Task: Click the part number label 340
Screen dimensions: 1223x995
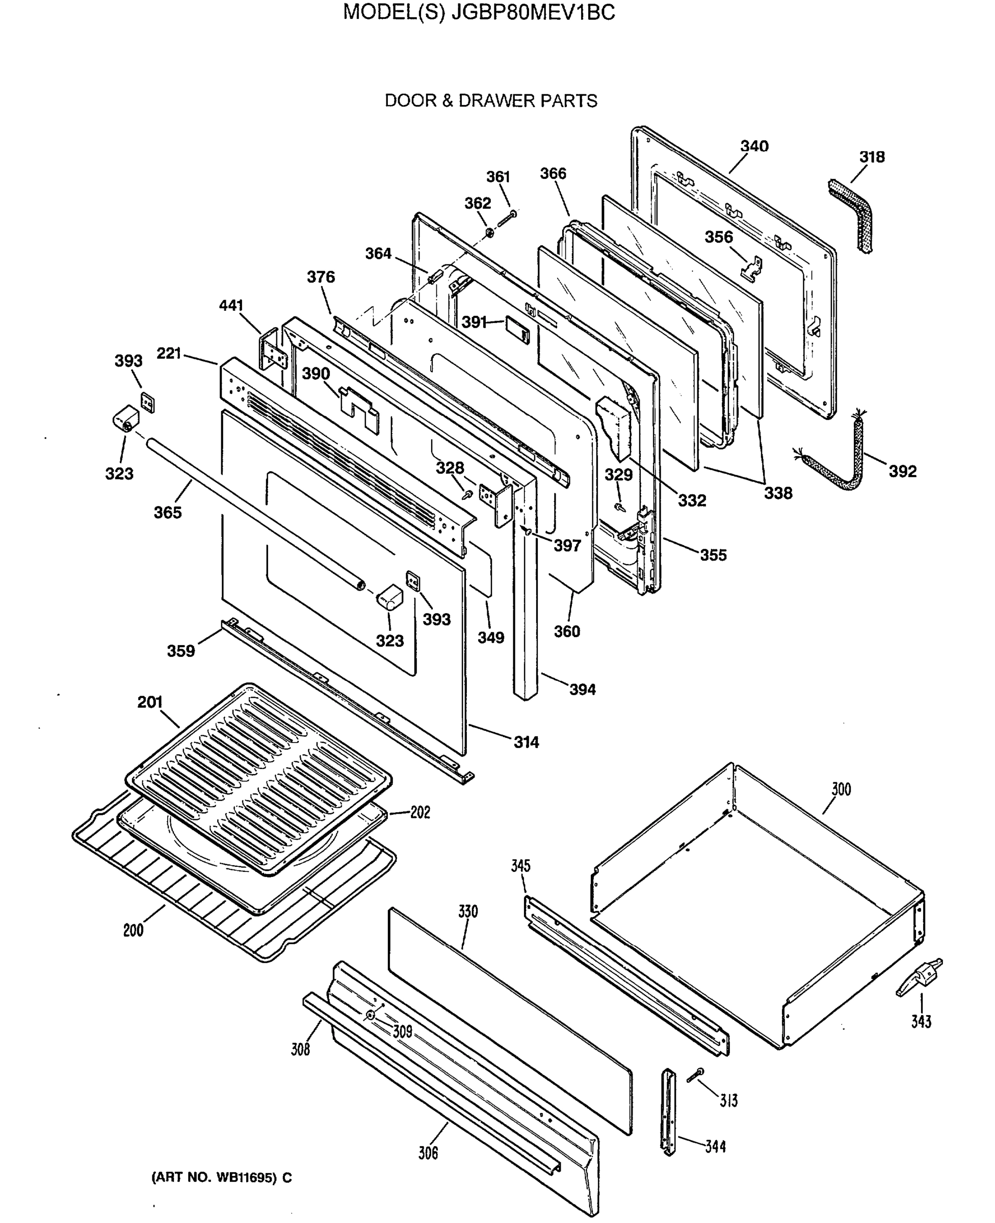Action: click(754, 146)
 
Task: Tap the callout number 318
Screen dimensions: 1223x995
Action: click(871, 157)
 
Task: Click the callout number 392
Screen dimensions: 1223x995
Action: click(902, 471)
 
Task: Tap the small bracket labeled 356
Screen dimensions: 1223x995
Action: click(752, 267)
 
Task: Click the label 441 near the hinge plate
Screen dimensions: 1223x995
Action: click(231, 306)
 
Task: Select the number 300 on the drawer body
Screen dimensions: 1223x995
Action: click(841, 789)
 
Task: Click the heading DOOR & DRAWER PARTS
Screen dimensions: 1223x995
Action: click(491, 101)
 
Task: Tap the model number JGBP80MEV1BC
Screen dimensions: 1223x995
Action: click(533, 13)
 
